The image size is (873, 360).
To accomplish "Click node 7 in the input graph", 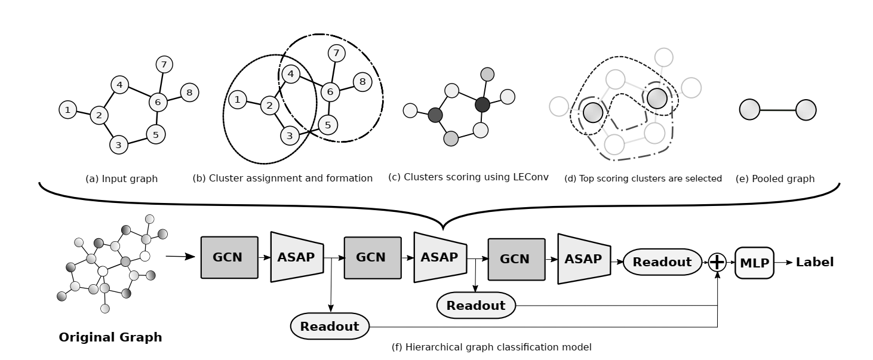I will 164,64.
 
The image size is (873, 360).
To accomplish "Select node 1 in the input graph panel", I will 68,110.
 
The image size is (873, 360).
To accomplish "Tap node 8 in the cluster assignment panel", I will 362,82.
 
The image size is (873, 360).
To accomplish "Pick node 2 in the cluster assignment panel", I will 270,106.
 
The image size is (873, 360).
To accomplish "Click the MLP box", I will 754,262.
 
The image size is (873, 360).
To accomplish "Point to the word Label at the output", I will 814,262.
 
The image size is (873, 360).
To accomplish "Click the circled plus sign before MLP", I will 717,262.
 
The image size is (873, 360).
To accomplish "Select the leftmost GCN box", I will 229,257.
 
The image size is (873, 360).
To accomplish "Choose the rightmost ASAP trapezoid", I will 583,259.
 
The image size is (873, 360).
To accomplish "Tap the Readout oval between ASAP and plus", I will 662,262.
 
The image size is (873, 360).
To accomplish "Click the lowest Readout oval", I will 330,326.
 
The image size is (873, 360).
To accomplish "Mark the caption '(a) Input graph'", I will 122,179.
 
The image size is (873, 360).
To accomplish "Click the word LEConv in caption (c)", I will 531,177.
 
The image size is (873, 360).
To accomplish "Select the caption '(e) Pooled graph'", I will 775,179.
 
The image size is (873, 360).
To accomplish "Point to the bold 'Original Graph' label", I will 110,337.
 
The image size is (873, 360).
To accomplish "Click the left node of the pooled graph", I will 749,110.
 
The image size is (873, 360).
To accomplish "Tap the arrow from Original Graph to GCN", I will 180,257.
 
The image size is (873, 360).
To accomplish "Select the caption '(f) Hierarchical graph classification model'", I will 491,347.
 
